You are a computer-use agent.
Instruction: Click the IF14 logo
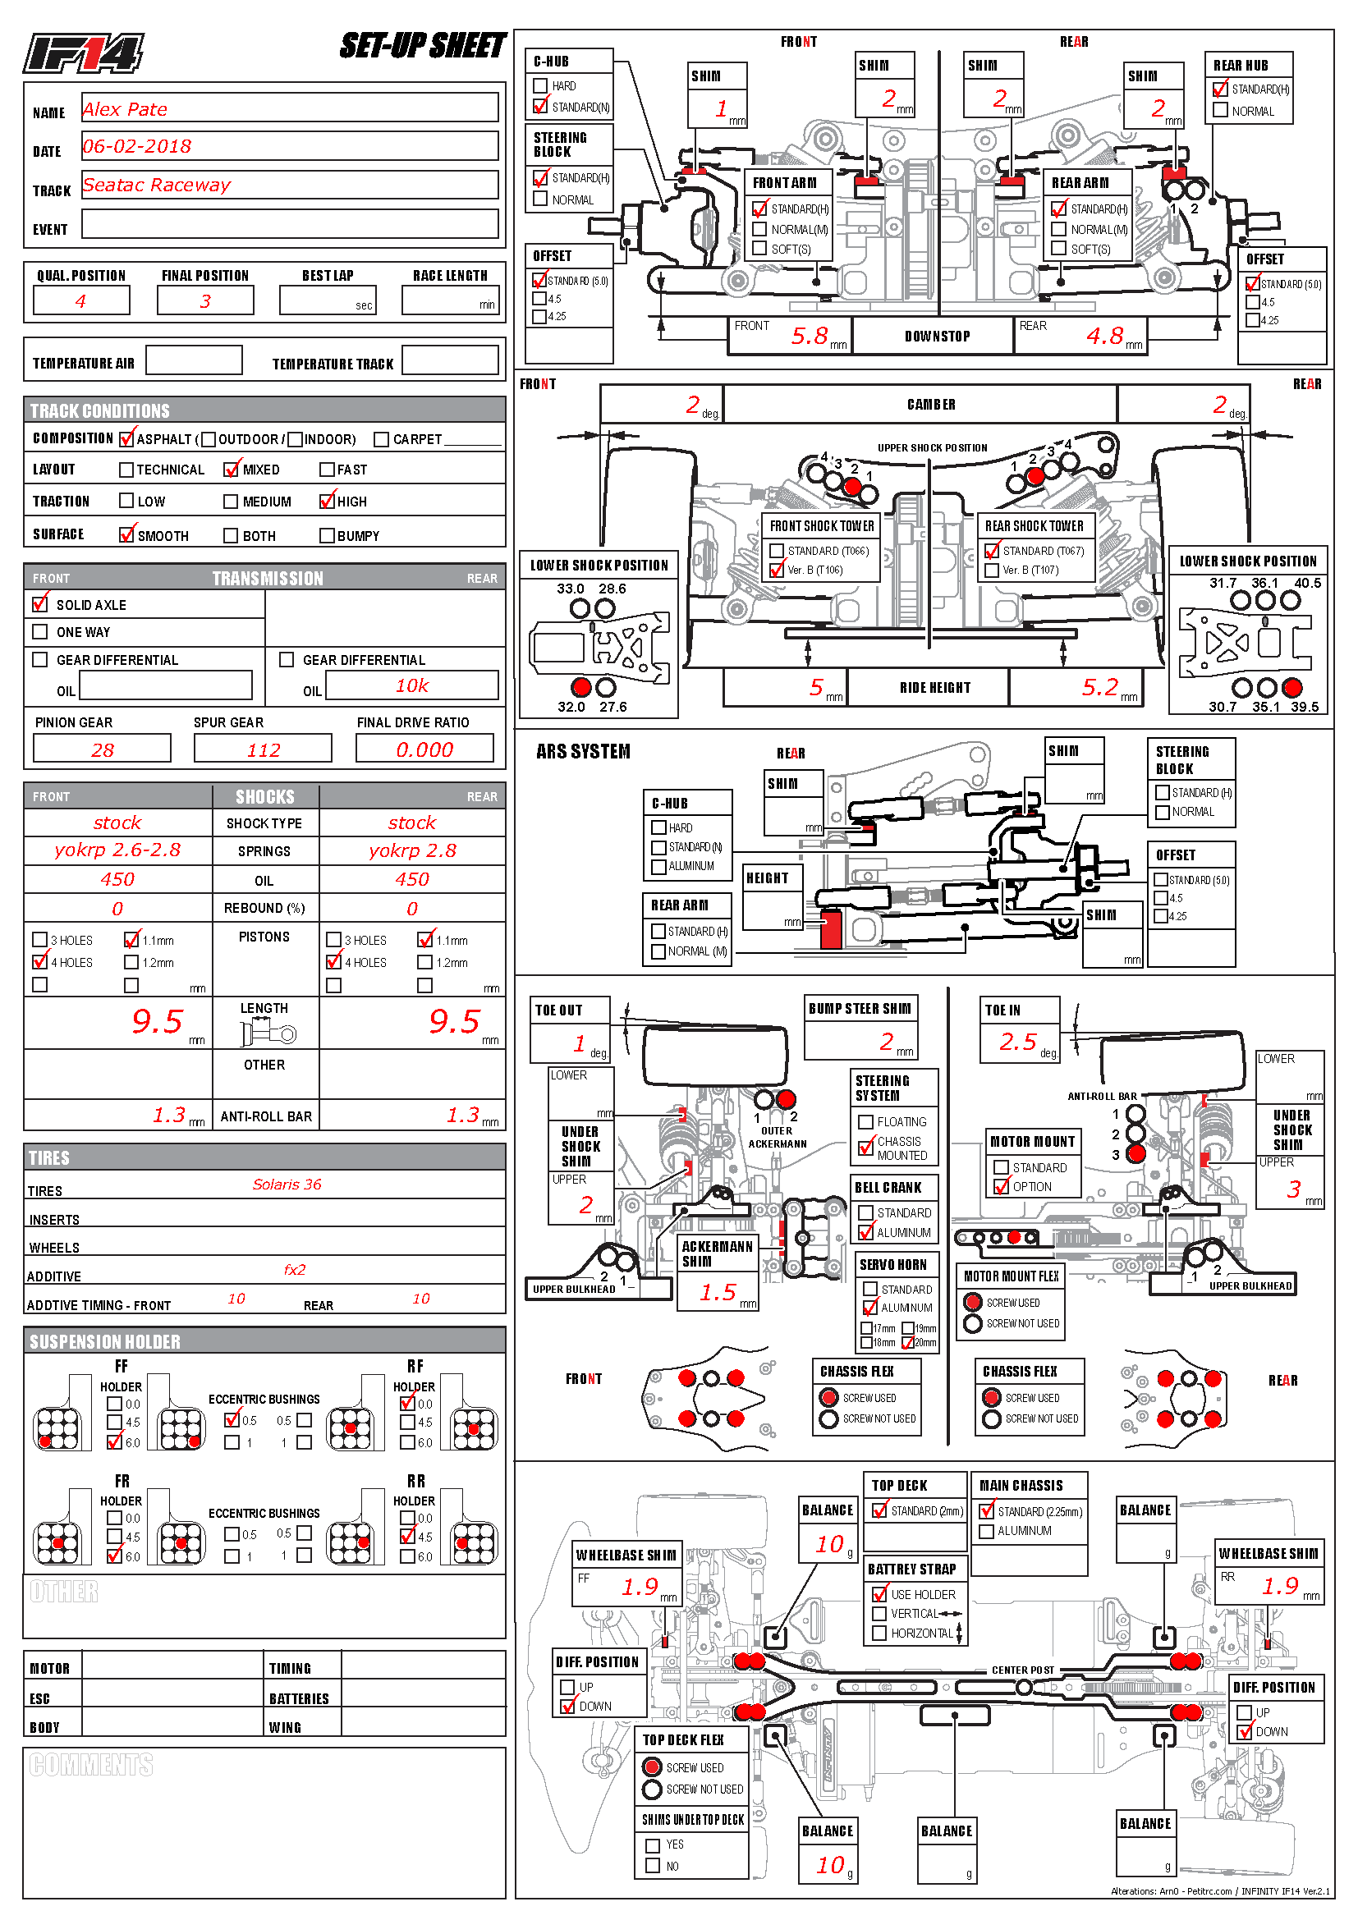pos(83,53)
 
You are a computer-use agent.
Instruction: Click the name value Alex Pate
pos(125,109)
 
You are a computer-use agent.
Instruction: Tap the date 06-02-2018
pos(137,147)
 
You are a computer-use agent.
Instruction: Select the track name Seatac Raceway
pos(156,185)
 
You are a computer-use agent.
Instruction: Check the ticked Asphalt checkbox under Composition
pos(126,438)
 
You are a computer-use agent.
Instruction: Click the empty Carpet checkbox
pos(381,439)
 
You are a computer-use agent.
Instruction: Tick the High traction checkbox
pos(327,501)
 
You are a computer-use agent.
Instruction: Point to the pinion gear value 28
pos(102,750)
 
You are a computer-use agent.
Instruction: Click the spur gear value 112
pos(264,750)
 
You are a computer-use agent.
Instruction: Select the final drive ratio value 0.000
pos(424,750)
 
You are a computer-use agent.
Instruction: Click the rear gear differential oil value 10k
pos(411,685)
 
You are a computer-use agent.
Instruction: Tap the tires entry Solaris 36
pos(287,1185)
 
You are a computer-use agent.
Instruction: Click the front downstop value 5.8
pos(810,337)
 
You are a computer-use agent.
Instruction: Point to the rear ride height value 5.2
pos(1099,687)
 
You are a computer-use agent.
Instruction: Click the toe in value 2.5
pos(1017,1042)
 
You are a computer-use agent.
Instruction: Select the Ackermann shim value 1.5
pos(718,1293)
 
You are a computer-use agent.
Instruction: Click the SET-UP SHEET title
pos(422,46)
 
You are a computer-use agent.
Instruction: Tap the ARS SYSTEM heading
pos(583,752)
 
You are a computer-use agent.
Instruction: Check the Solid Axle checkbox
pos(40,604)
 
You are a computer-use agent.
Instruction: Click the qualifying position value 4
pos(80,301)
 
